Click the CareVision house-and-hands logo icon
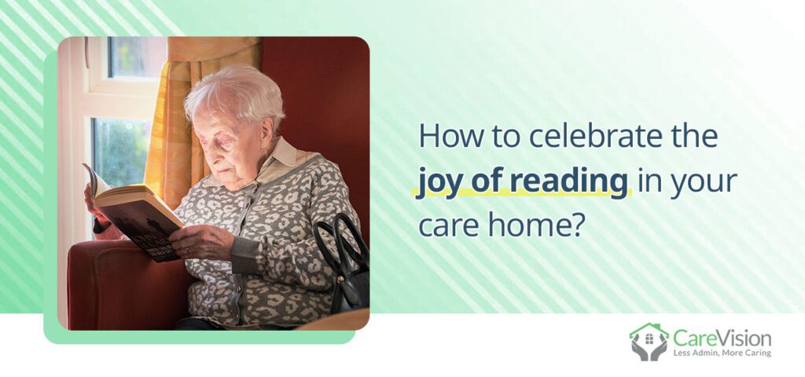pyautogui.click(x=649, y=341)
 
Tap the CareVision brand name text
pyautogui.click(x=722, y=339)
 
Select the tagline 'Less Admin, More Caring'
pyautogui.click(x=722, y=353)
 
